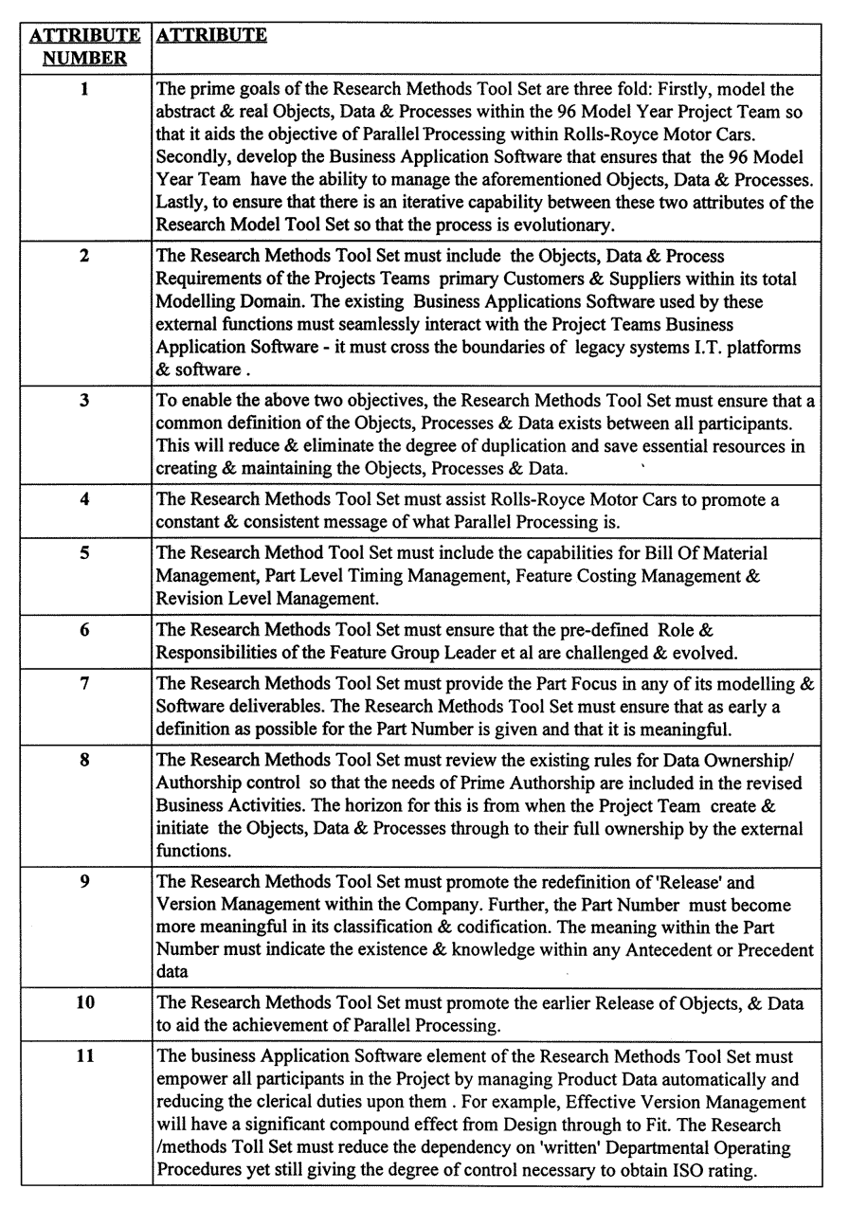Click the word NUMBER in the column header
click(x=86, y=59)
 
